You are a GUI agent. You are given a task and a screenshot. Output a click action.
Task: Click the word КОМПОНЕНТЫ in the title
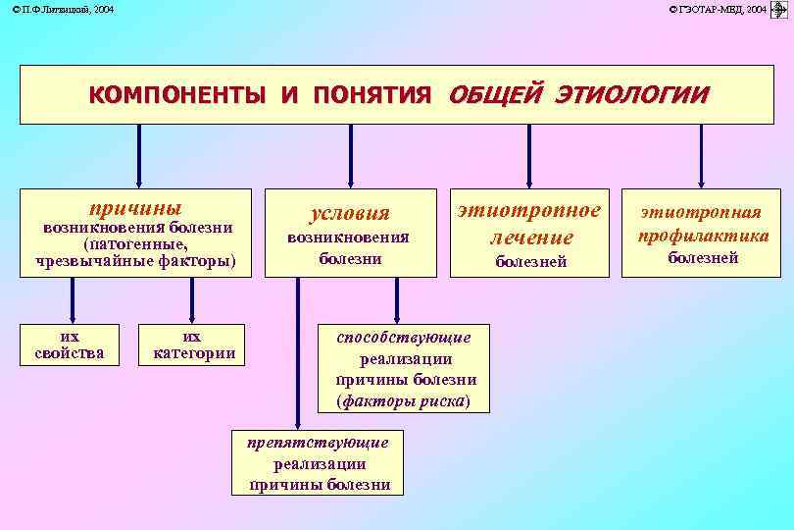[x=175, y=95]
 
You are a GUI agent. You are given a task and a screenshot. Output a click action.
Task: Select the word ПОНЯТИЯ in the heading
[x=372, y=95]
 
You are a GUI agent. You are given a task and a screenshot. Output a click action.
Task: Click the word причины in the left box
[x=135, y=208]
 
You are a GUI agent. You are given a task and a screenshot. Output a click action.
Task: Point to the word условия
[x=349, y=213]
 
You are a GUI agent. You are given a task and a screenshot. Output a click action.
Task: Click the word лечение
[x=530, y=237]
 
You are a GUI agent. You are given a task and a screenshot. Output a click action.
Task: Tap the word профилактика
[x=703, y=236]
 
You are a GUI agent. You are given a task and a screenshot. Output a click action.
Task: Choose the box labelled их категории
[x=195, y=344]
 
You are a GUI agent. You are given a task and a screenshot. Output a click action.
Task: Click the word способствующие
[x=404, y=337]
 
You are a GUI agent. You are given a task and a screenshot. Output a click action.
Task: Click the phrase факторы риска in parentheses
[x=403, y=400]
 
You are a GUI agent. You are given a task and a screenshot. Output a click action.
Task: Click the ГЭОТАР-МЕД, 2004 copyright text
[x=719, y=9]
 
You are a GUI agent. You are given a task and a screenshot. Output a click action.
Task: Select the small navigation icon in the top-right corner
[x=781, y=9]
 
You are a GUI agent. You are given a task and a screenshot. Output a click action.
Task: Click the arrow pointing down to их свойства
[x=71, y=299]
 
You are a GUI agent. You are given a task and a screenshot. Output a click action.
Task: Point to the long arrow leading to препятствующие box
[x=297, y=353]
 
